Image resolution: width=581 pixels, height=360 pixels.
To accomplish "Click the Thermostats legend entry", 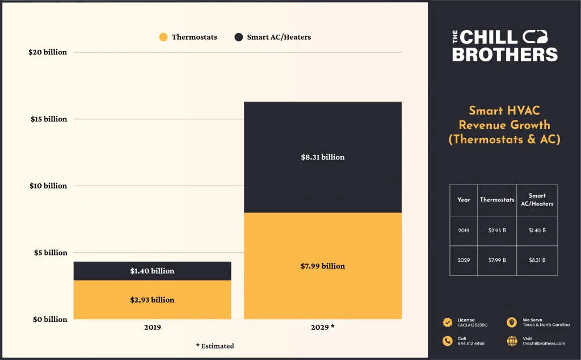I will pos(188,37).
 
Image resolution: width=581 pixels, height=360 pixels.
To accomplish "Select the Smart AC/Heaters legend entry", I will pos(273,37).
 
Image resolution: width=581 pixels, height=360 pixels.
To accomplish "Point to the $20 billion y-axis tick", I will pos(48,52).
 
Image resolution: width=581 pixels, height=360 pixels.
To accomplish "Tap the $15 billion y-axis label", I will pos(49,119).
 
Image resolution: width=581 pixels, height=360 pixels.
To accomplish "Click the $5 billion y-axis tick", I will pos(50,253).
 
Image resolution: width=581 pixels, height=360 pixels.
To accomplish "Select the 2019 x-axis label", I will pos(152,328).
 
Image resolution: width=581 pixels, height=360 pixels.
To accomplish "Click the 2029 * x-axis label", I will pos(322,328).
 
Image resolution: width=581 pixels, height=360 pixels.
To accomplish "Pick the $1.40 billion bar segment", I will pos(152,271).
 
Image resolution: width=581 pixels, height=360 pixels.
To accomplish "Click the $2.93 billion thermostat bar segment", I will pos(152,300).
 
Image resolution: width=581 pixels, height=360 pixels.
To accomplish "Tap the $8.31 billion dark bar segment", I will pos(322,157).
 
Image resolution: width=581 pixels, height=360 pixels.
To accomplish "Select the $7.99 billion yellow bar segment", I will pos(322,266).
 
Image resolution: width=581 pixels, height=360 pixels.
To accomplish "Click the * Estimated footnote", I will pos(214,346).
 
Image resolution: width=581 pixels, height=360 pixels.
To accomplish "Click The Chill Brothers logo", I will pos(504,46).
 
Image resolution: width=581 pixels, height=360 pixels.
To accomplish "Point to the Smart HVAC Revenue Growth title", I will pos(504,125).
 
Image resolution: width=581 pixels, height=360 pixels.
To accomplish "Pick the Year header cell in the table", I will pos(464,200).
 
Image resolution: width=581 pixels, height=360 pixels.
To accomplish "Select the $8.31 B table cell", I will pos(537,260).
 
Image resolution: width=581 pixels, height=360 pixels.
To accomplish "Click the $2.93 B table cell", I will pos(497,231).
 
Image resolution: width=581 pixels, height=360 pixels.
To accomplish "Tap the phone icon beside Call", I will pos(448,341).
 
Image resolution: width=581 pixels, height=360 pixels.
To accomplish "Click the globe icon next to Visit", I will pos(512,341).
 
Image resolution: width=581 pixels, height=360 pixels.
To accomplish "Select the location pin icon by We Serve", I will pos(512,323).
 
